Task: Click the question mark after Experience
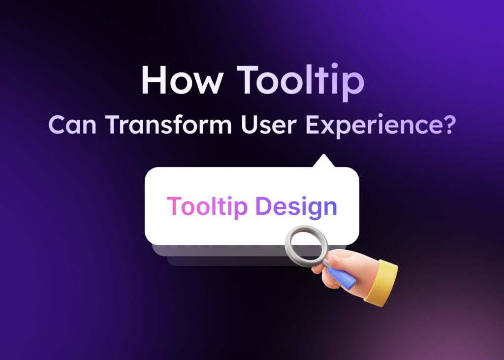click(x=446, y=125)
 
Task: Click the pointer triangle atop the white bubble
click(x=323, y=162)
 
